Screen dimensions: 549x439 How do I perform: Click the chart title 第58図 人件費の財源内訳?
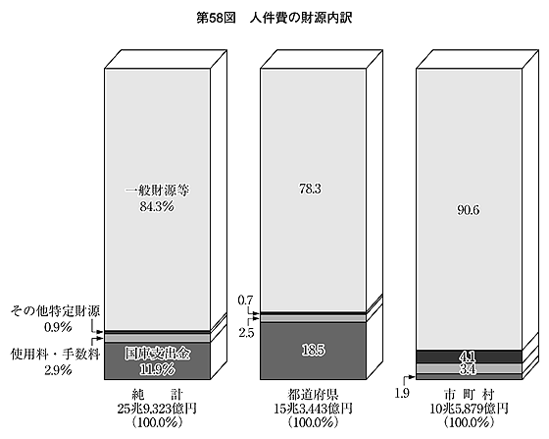[274, 19]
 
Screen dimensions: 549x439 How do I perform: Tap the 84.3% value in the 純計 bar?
[157, 206]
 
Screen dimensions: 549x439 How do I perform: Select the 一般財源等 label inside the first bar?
[157, 191]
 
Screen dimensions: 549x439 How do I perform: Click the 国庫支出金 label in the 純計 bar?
[157, 354]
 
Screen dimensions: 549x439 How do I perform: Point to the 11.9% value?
[157, 369]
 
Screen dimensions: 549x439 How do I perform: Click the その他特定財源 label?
[55, 311]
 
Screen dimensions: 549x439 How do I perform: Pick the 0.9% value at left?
[58, 327]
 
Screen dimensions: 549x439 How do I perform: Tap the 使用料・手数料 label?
[55, 355]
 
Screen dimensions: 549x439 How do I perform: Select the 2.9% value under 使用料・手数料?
[58, 370]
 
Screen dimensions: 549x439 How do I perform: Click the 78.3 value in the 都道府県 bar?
[310, 189]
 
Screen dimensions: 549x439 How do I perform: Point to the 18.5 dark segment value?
[313, 350]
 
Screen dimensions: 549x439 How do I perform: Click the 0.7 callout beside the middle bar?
[245, 301]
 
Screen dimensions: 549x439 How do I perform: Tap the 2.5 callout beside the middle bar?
[246, 333]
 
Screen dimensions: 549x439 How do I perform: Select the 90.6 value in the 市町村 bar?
[469, 210]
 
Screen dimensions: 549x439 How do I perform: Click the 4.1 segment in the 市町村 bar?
[468, 357]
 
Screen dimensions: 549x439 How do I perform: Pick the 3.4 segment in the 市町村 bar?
[468, 369]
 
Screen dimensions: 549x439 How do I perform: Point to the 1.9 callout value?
[402, 394]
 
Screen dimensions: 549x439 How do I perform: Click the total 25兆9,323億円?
[157, 409]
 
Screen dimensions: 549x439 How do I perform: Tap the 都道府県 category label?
[313, 395]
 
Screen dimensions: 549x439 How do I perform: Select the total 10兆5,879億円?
[469, 409]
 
